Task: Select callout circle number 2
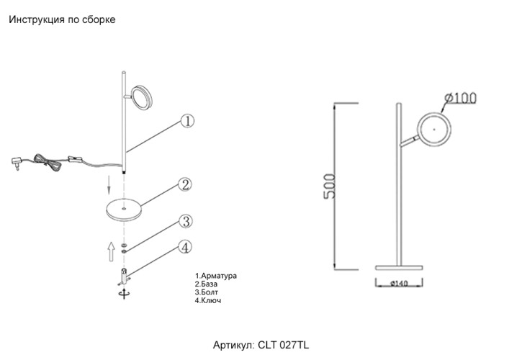pos(185,185)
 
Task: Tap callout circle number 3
pos(185,221)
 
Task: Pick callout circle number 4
pos(185,248)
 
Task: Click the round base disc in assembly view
pos(122,210)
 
